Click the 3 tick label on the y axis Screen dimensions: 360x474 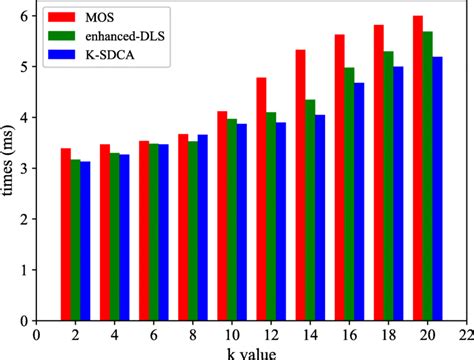pyautogui.click(x=24, y=168)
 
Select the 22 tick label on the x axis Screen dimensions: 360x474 pyautogui.click(x=463, y=336)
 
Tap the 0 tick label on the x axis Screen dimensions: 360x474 pyautogui.click(x=36, y=336)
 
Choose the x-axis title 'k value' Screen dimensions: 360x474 pyautogui.click(x=250, y=354)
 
